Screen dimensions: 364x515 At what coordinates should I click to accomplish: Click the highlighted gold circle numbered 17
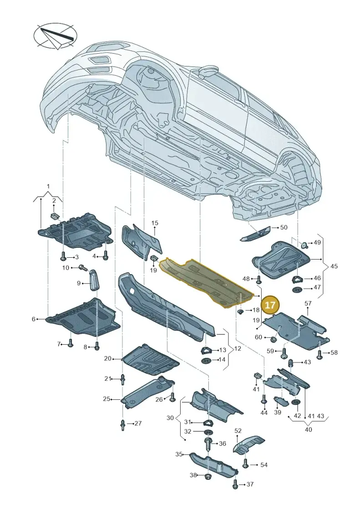pyautogui.click(x=270, y=305)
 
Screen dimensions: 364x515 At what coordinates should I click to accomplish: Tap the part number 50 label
pyautogui.click(x=283, y=227)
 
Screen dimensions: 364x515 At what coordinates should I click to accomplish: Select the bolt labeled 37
pyautogui.click(x=235, y=484)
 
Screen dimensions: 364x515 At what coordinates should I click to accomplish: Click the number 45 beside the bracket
pyautogui.click(x=334, y=266)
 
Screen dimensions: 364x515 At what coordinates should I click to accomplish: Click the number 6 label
pyautogui.click(x=34, y=319)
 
